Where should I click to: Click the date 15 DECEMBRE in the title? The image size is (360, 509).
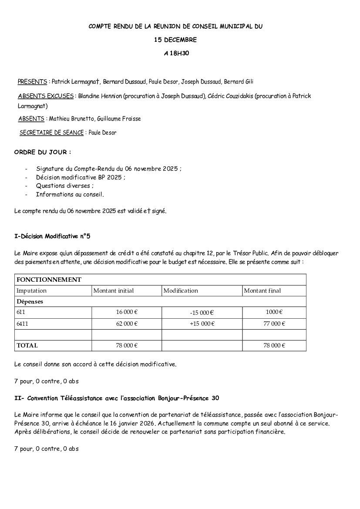tap(175, 40)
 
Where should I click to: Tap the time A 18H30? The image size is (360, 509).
tap(176, 54)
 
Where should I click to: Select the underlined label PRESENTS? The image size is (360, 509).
tap(32, 82)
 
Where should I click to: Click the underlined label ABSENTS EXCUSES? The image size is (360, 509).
tap(46, 96)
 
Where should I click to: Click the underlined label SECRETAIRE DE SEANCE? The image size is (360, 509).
tap(51, 133)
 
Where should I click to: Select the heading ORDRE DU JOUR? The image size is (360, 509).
tap(42, 152)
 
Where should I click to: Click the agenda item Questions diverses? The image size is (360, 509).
tap(64, 186)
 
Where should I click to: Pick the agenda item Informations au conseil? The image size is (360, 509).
tap(70, 195)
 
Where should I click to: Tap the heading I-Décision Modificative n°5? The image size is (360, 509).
tap(52, 236)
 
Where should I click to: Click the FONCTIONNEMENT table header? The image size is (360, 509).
tap(49, 280)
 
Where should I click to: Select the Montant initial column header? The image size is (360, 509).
tap(114, 291)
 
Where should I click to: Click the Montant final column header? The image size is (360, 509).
tap(262, 291)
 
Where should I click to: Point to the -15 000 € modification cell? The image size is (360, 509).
tap(202, 313)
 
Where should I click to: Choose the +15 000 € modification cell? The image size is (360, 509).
tap(202, 324)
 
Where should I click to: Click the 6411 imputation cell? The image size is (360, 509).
tap(22, 324)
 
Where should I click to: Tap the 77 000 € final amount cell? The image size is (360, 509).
tap(274, 324)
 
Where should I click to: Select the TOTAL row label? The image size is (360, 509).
tap(27, 346)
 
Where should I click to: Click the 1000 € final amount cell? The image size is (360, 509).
tap(274, 312)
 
